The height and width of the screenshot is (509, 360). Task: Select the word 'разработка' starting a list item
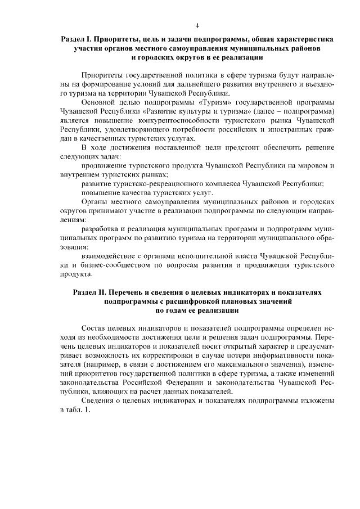click(101, 229)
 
